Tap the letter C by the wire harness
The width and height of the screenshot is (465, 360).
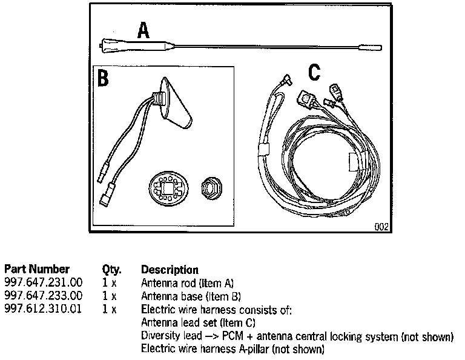(x=314, y=72)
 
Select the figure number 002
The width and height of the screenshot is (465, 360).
(x=381, y=228)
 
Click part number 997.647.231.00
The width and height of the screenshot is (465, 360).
(x=43, y=282)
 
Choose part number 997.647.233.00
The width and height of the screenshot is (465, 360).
(x=43, y=296)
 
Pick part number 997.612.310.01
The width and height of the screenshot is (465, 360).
(x=43, y=309)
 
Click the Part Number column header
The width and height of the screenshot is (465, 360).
(x=37, y=269)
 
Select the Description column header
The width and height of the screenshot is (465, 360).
(x=169, y=269)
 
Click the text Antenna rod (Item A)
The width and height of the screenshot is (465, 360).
(x=186, y=282)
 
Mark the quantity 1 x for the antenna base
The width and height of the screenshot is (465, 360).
(x=109, y=296)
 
